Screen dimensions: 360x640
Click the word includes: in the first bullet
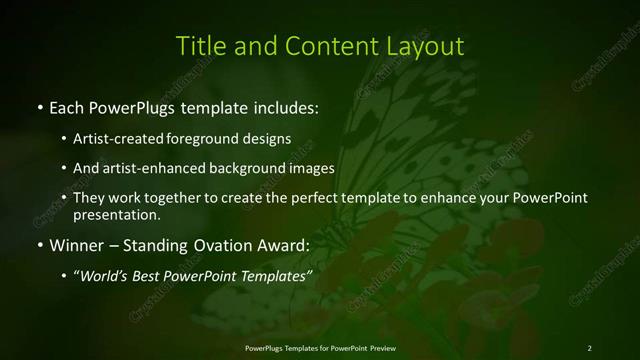point(286,106)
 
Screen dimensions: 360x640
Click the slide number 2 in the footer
point(589,347)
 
